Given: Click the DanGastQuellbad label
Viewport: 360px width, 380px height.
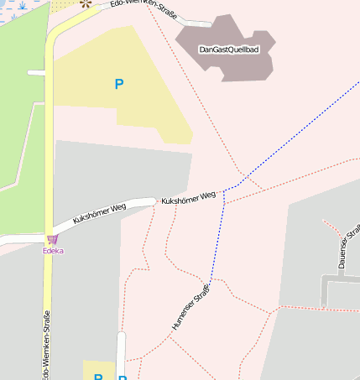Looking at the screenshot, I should (228, 49).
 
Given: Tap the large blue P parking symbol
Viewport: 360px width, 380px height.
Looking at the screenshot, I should (119, 84).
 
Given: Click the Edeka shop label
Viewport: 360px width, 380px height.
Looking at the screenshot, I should (54, 251).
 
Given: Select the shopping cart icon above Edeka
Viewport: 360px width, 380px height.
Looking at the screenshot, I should (53, 240).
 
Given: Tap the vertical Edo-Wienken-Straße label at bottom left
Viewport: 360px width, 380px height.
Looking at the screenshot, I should (44, 344).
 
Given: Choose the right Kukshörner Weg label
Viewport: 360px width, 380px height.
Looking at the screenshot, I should (188, 198).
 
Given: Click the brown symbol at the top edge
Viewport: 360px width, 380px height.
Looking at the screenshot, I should (85, 3).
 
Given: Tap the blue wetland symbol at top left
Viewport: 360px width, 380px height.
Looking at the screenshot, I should (20, 7).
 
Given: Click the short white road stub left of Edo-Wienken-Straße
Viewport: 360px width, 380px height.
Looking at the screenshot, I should (36, 73).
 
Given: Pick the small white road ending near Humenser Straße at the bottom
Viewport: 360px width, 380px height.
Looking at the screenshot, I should (122, 352).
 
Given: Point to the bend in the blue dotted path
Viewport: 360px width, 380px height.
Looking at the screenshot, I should (224, 191).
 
